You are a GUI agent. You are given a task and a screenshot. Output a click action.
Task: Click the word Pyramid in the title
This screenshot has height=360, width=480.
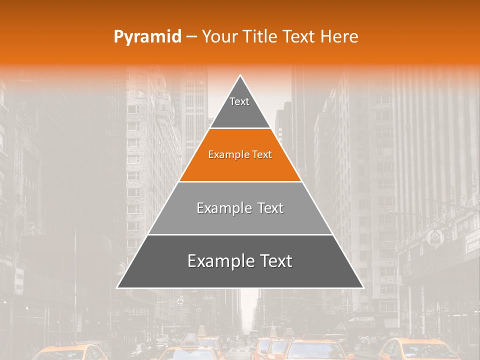tap(147, 37)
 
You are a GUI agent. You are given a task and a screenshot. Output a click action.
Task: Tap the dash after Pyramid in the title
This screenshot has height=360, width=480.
tap(191, 37)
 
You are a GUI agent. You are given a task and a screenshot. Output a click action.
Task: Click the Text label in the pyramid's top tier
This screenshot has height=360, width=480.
tap(239, 101)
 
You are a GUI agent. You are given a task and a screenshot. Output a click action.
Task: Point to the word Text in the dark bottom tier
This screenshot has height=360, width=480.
tap(276, 261)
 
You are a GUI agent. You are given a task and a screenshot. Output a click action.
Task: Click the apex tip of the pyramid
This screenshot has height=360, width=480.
tap(240, 76)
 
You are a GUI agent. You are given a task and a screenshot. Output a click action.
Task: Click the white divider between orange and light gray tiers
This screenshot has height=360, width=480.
tap(240, 181)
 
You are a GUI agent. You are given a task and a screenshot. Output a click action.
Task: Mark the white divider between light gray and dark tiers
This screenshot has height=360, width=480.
tap(240, 234)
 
